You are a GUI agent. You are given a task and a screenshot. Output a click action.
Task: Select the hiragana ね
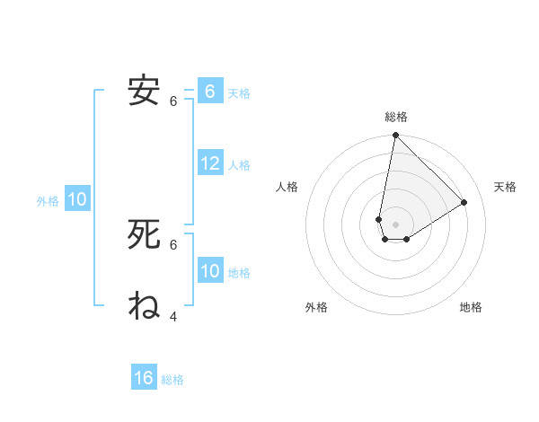(144, 305)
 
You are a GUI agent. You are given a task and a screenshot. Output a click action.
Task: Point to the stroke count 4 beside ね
(173, 316)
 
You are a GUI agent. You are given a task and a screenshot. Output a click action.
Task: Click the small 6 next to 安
(173, 101)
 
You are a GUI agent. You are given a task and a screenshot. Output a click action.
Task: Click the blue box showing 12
(210, 163)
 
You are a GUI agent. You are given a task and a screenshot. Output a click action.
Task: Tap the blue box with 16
(144, 378)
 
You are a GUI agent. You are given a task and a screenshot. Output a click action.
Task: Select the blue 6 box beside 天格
(210, 92)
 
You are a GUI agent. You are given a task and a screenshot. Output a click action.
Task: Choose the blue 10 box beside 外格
(77, 200)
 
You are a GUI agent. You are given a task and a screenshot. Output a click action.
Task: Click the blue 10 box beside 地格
(210, 271)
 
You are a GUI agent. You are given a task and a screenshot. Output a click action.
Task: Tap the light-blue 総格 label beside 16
(172, 380)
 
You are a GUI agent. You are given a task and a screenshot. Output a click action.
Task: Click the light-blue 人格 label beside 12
(239, 165)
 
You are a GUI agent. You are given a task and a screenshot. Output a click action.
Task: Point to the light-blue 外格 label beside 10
(48, 201)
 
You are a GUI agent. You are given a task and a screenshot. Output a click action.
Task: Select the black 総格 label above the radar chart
(396, 117)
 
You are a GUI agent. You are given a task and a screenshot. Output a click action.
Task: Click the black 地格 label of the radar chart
(471, 308)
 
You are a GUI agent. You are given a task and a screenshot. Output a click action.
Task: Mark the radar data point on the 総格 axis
(395, 136)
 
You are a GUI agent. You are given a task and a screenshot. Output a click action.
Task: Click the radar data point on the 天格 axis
(464, 202)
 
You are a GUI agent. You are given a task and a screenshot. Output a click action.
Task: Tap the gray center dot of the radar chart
(395, 224)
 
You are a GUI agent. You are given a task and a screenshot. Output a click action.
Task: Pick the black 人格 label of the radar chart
(287, 187)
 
